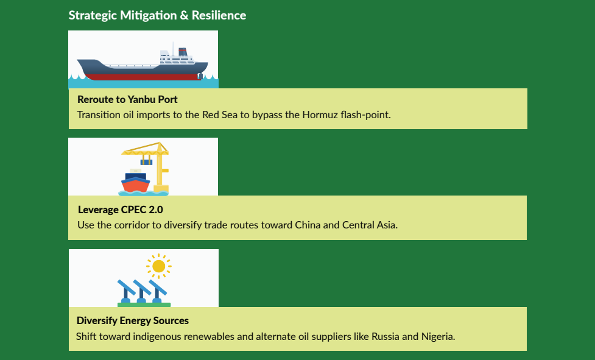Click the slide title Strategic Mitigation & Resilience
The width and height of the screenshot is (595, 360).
[157, 15]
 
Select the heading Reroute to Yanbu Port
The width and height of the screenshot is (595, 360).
[127, 99]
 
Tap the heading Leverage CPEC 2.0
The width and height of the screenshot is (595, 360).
[120, 210]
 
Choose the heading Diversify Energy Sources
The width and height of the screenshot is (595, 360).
[133, 320]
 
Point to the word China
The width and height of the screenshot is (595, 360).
[308, 225]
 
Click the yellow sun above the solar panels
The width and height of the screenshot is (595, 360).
[159, 266]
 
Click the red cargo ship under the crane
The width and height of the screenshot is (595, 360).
[135, 183]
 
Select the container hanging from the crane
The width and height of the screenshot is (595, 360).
[146, 161]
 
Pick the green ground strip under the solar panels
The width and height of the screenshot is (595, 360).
[144, 305]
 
